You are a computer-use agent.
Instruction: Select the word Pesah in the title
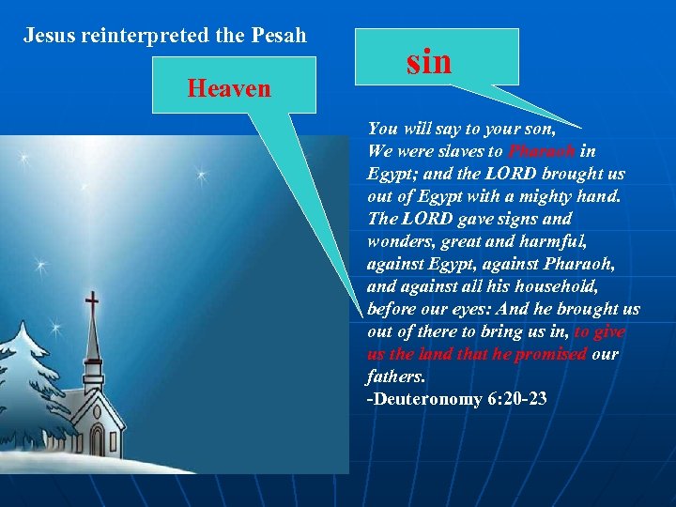pos(280,37)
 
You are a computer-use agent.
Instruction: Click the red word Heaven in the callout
pos(229,89)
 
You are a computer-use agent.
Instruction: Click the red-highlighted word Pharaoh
pos(542,151)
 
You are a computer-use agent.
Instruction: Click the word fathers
pos(395,376)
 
